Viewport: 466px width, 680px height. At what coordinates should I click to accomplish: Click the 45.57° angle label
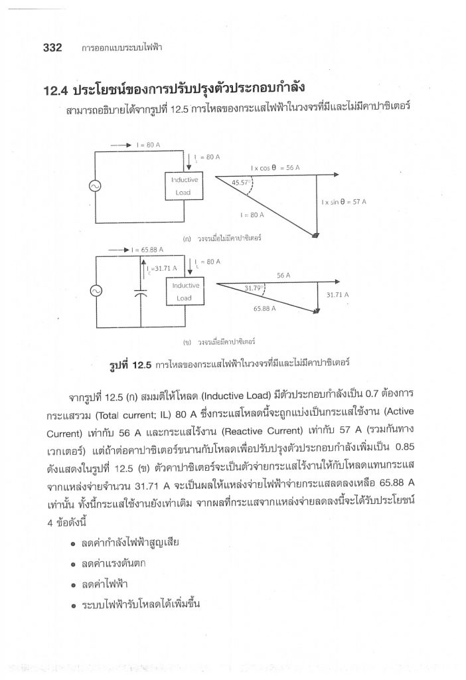(x=244, y=182)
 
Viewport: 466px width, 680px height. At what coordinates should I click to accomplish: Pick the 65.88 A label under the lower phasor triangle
(x=265, y=309)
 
